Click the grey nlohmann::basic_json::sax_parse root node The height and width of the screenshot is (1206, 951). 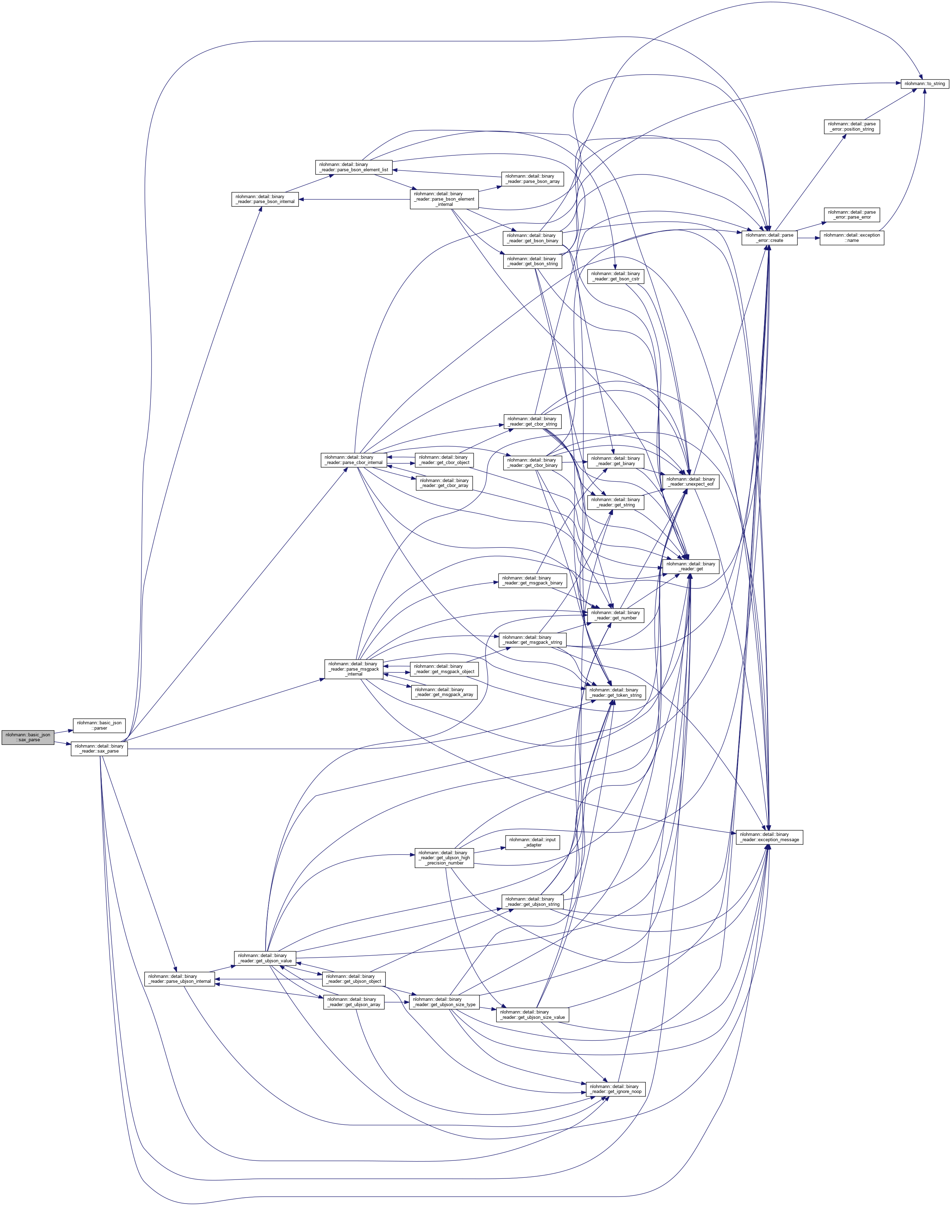click(28, 737)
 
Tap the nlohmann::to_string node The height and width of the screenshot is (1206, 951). click(924, 83)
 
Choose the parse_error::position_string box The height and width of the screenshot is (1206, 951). click(852, 126)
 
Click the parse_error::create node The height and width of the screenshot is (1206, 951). click(769, 238)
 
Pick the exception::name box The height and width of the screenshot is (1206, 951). click(852, 238)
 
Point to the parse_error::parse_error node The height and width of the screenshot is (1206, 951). click(852, 214)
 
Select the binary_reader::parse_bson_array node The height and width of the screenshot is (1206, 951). click(532, 179)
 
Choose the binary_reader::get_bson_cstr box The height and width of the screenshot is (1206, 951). click(615, 276)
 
